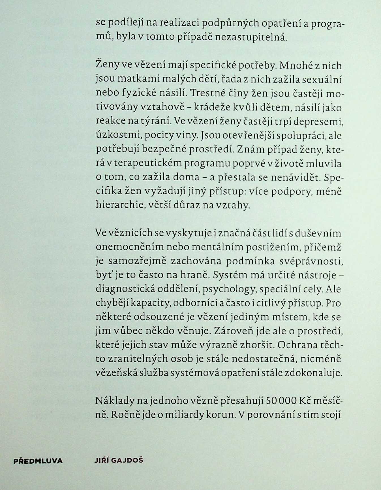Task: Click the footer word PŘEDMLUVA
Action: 38,461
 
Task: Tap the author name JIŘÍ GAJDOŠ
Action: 119,460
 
